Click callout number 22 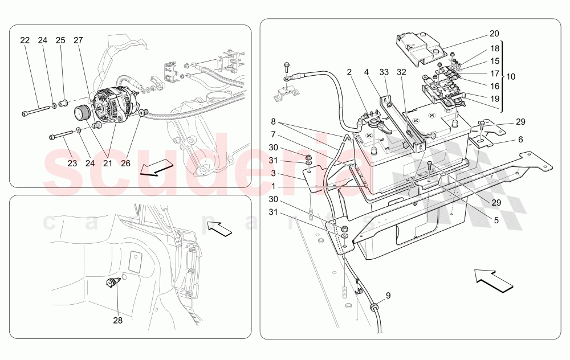25,41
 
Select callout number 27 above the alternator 78,41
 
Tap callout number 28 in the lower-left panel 117,321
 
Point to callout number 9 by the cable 388,296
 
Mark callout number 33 384,72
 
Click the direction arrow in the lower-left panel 219,228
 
